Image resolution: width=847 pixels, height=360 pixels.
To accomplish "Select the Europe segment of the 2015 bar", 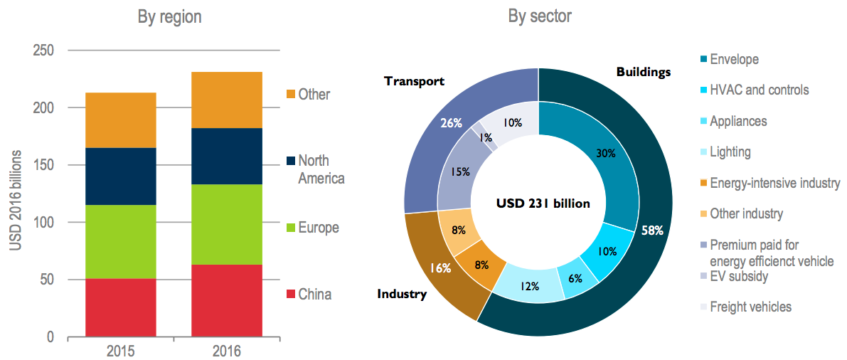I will pyautogui.click(x=120, y=242).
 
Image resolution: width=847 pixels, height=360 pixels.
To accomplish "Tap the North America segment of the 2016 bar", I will pyautogui.click(x=227, y=156).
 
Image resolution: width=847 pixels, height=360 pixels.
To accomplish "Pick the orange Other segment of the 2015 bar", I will pyautogui.click(x=120, y=120).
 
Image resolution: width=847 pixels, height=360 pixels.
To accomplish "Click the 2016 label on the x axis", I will pyautogui.click(x=227, y=351).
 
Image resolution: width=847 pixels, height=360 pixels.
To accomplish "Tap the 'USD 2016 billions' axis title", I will pyautogui.click(x=16, y=200).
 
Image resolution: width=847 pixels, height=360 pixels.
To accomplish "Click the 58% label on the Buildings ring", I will pyautogui.click(x=652, y=231).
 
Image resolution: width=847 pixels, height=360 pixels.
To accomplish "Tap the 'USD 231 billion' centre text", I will pyautogui.click(x=543, y=203).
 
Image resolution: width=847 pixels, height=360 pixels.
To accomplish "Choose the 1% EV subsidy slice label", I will pyautogui.click(x=486, y=137).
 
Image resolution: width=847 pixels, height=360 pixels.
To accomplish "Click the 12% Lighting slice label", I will pyautogui.click(x=530, y=286).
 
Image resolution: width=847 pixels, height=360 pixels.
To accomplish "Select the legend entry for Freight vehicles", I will pyautogui.click(x=750, y=307).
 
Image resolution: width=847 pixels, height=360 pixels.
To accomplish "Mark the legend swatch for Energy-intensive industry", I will pyautogui.click(x=704, y=184).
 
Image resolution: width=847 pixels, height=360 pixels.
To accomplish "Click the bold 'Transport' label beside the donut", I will pyautogui.click(x=414, y=81).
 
